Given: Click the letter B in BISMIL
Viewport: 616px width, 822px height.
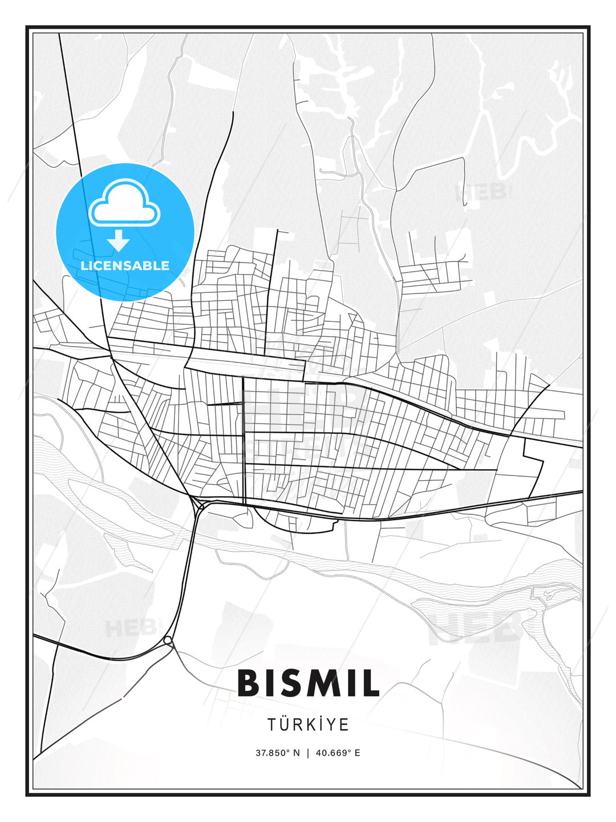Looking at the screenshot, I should (x=250, y=683).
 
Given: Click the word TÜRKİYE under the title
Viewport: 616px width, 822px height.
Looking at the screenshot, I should (x=308, y=724).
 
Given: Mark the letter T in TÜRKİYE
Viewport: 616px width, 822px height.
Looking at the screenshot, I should (x=271, y=724).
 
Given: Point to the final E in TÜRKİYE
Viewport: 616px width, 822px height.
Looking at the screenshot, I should (x=345, y=724).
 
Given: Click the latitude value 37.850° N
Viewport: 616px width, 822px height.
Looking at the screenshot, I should (x=277, y=752).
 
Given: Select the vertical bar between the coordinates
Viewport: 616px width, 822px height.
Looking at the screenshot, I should (x=308, y=752).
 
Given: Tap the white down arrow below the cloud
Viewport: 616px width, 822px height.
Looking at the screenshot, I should (x=119, y=240).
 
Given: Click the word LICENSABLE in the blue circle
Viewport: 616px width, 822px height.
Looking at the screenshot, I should (x=125, y=265).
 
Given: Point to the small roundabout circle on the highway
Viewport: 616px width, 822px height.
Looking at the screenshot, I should (x=168, y=641).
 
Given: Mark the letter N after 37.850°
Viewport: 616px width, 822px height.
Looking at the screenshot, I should (x=296, y=752).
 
